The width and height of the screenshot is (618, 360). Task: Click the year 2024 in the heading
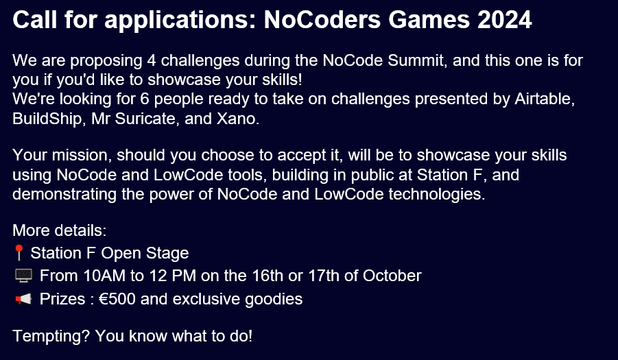pos(505,19)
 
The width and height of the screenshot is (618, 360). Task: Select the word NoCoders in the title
pos(322,19)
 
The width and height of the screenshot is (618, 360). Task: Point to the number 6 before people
pos(145,99)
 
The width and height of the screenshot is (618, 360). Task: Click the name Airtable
pos(545,99)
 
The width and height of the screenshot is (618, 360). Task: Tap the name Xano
pos(237,119)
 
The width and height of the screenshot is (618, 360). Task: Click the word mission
pos(82,155)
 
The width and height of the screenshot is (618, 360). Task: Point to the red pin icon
pos(19,252)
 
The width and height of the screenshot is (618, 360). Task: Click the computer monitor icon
pos(23,276)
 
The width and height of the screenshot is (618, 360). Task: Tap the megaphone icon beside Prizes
pos(23,299)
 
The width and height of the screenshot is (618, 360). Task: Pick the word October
pos(392,276)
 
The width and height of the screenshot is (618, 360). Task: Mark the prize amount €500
pos(117,299)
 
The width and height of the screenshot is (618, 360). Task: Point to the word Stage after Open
pos(167,253)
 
